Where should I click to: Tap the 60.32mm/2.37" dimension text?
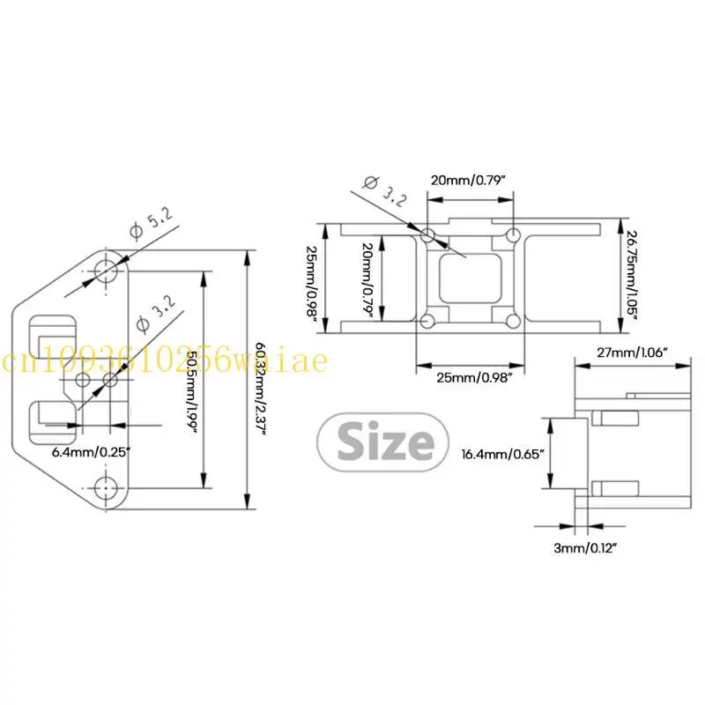point(261,389)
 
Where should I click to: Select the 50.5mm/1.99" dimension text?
point(192,391)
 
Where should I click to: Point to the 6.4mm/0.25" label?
point(91,452)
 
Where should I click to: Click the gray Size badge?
point(383,442)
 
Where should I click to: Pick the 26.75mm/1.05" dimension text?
point(632,276)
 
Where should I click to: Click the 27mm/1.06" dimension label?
point(633,352)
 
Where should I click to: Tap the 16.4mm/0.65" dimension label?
point(502,454)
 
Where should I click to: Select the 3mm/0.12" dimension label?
point(585,548)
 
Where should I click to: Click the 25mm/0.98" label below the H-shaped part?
point(474,377)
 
